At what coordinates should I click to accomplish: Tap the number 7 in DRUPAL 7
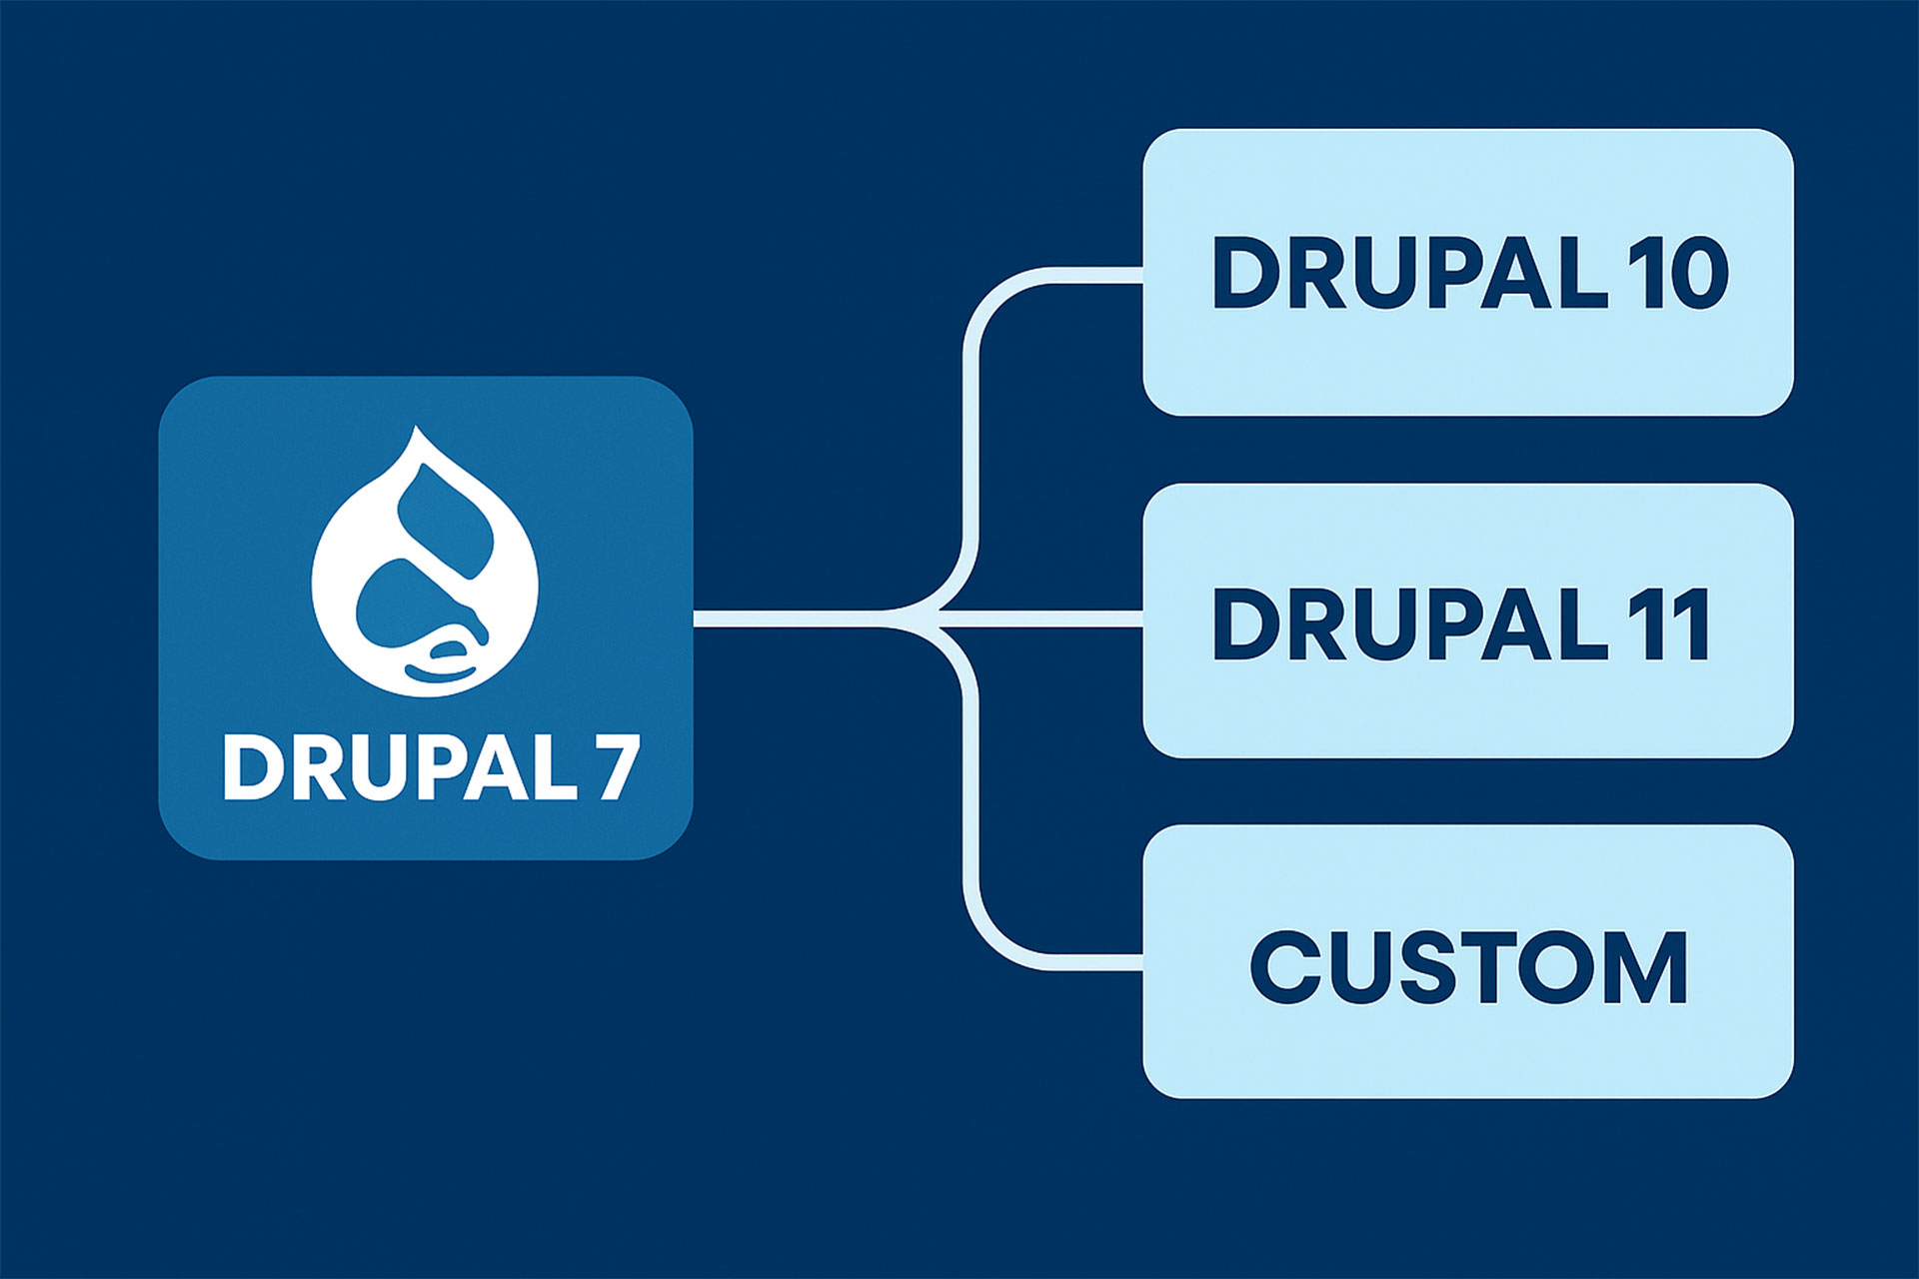[619, 767]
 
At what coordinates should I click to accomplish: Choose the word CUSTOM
[1468, 966]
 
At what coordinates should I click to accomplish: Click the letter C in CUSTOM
[1287, 966]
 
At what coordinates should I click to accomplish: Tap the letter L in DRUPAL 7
[554, 767]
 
